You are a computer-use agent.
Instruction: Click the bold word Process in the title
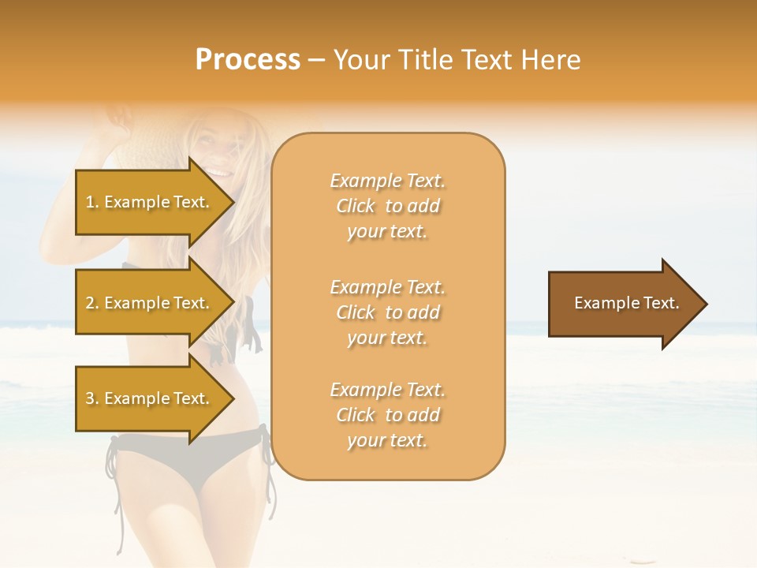pos(248,60)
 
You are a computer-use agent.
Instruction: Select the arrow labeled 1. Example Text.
pos(150,202)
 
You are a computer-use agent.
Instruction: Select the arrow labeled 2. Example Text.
pos(150,303)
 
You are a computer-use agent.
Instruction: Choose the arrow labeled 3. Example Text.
pos(150,398)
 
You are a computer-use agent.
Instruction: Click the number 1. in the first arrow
pos(92,202)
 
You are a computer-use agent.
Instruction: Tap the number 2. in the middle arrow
pos(92,303)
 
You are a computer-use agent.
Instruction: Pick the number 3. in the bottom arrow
pos(92,398)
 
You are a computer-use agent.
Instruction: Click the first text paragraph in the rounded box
pos(387,206)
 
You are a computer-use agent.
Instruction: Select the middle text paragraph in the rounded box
pos(387,312)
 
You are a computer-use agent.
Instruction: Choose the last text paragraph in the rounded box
pos(387,415)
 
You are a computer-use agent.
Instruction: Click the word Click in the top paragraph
pos(356,206)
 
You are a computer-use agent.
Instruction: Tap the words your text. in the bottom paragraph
pos(387,440)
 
